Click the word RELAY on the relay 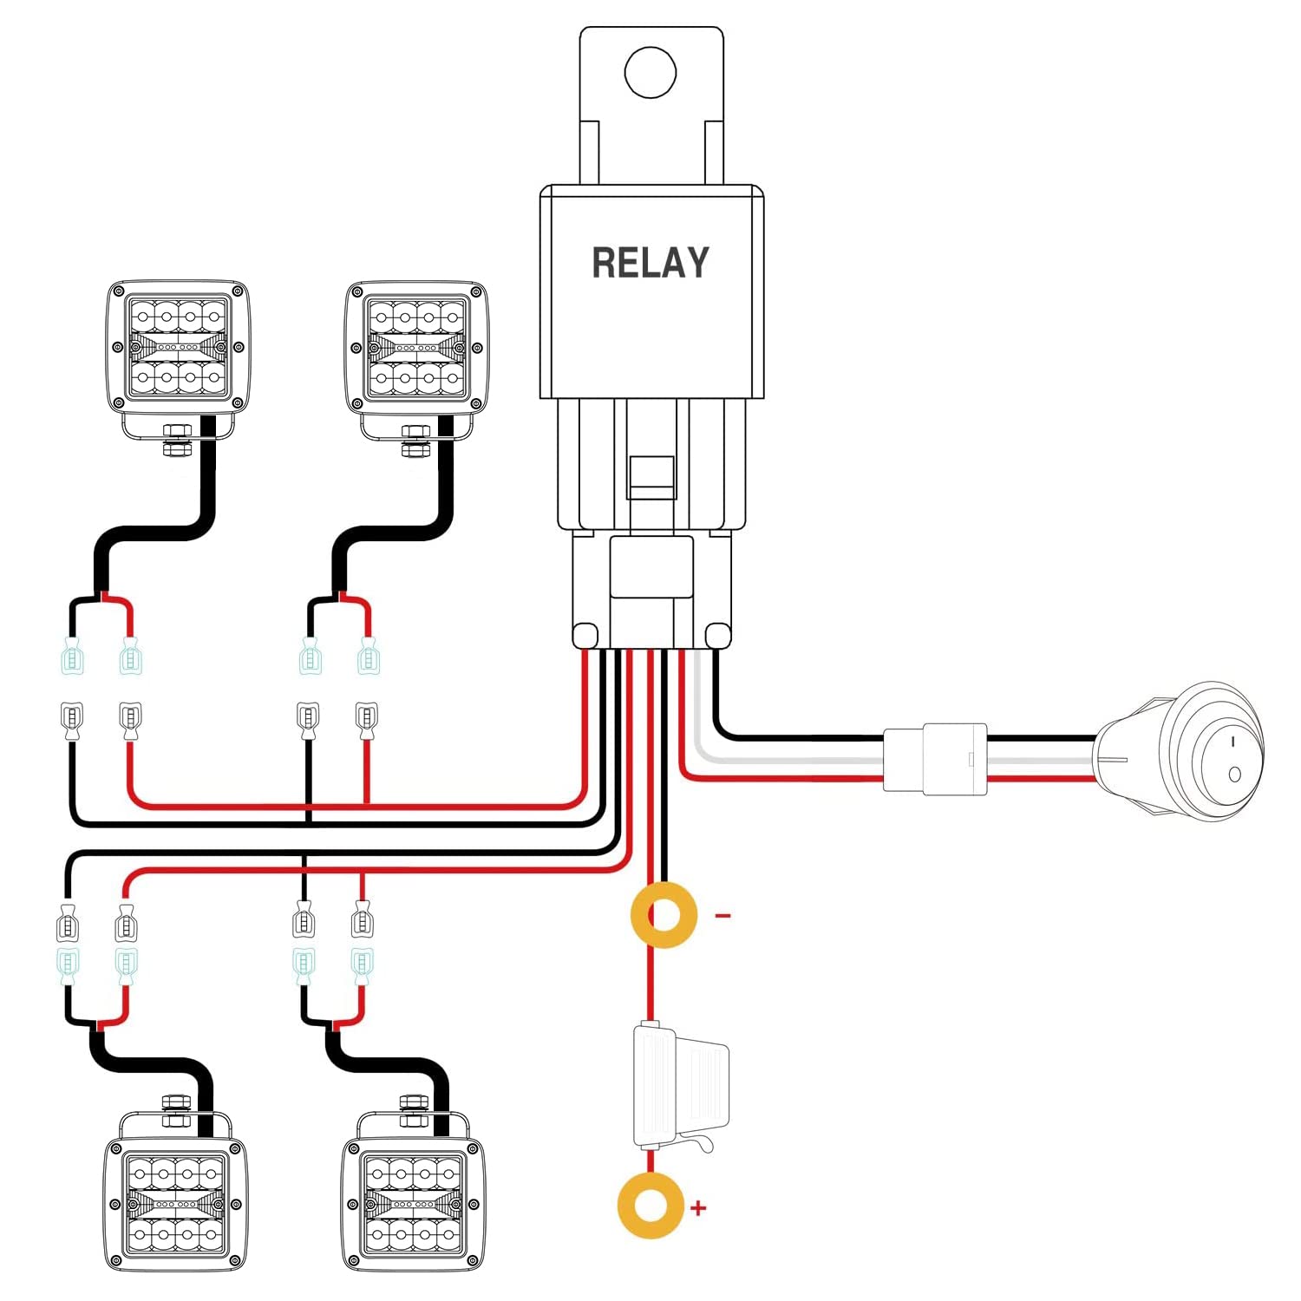point(650,262)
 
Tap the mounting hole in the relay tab point(650,72)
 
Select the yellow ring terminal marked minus point(664,915)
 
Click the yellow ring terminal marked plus point(650,1206)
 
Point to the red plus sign point(698,1207)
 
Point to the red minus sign point(722,915)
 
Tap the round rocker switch point(1180,750)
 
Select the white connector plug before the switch point(935,758)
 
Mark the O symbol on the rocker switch point(1234,774)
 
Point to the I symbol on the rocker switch point(1232,742)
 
